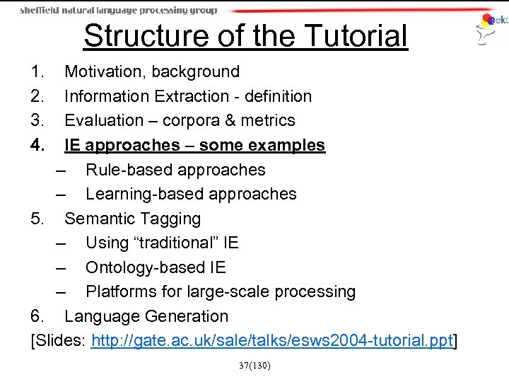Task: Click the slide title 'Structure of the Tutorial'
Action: pyautogui.click(x=245, y=36)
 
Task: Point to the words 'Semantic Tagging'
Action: pyautogui.click(x=132, y=219)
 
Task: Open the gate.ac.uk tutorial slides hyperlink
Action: pyautogui.click(x=271, y=342)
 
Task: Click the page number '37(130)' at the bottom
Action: pyautogui.click(x=253, y=366)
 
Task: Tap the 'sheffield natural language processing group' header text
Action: pyautogui.click(x=118, y=10)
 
